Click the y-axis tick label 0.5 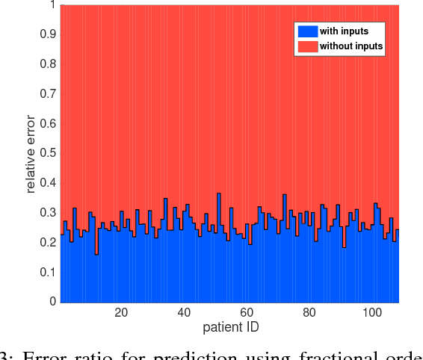coord(47,153)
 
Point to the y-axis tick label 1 coord(52,4)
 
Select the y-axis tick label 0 coord(52,302)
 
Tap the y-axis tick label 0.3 coord(47,213)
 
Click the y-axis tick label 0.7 coord(47,94)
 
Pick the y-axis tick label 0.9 coord(47,34)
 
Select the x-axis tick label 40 coord(184,313)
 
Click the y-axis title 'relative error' coord(31,154)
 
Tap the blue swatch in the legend coord(306,31)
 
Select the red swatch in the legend coord(306,46)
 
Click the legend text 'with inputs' coord(343,31)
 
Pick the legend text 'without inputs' coord(351,46)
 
